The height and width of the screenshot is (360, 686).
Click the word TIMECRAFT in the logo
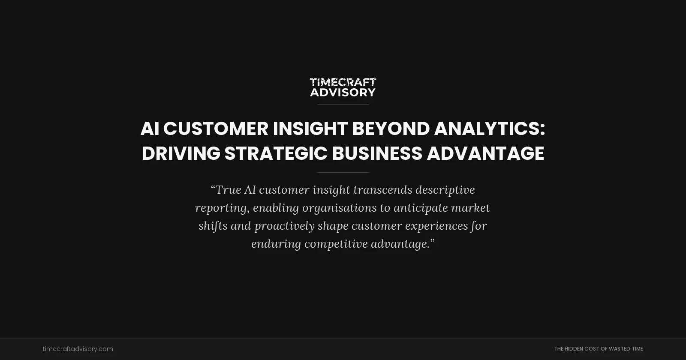point(343,82)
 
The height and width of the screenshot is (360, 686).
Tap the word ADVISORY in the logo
point(343,92)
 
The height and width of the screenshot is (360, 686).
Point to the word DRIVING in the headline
point(181,153)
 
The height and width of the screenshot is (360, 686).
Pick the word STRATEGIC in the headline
point(276,153)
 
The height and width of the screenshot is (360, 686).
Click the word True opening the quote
point(228,190)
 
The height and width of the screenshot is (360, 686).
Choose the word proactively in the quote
point(284,226)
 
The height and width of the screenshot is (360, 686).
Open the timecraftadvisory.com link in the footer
point(78,349)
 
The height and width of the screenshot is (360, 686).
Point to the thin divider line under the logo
point(343,104)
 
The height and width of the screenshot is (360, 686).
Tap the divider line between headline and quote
point(343,172)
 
